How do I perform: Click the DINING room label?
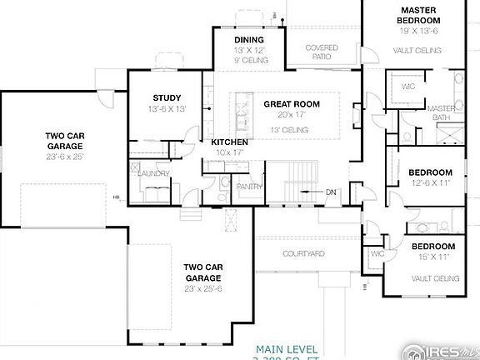(x=248, y=39)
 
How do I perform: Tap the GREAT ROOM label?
(x=291, y=104)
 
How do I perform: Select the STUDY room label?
(x=167, y=98)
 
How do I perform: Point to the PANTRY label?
(x=249, y=187)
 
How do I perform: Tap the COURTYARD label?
(x=303, y=253)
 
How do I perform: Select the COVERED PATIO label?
(x=322, y=53)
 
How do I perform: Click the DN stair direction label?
(x=331, y=192)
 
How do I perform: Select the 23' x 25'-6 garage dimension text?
(x=202, y=288)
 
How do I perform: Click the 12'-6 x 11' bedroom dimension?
(x=431, y=182)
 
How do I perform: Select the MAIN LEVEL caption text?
(x=287, y=348)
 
